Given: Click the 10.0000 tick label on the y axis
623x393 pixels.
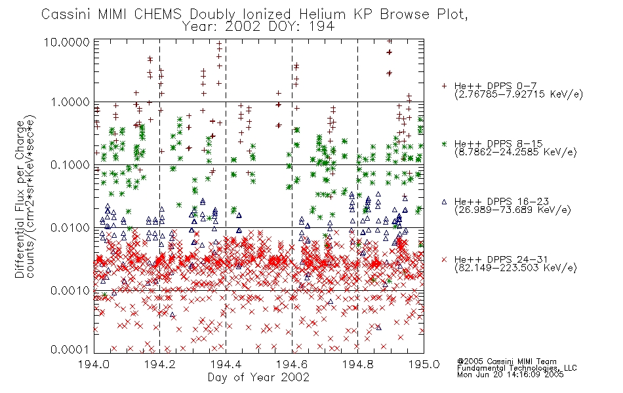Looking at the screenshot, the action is click(67, 43).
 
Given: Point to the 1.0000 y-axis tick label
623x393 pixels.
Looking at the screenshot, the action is click(70, 102).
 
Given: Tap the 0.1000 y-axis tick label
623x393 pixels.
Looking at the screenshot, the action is click(70, 165).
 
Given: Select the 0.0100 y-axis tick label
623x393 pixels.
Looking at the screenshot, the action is click(70, 227).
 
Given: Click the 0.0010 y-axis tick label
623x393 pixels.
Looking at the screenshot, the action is click(70, 290).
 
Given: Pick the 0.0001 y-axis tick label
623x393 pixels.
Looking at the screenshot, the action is click(70, 349).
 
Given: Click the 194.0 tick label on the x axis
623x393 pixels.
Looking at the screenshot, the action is click(94, 364).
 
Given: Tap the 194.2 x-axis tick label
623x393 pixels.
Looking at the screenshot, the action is click(160, 364).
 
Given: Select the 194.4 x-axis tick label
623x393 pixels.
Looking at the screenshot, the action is click(226, 364).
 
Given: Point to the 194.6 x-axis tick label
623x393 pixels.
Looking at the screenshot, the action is click(292, 364).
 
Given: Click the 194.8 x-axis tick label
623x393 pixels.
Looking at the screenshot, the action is click(357, 364).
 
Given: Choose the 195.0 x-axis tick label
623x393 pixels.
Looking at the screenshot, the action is click(424, 364).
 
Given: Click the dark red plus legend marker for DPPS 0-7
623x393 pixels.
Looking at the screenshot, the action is click(444, 86).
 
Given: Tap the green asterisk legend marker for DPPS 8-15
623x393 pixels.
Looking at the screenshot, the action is click(444, 143).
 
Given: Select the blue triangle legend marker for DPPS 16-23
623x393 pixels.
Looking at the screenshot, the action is click(444, 202).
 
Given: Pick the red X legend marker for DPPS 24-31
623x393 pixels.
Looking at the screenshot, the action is click(444, 259).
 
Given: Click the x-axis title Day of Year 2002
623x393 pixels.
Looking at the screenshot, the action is click(258, 377).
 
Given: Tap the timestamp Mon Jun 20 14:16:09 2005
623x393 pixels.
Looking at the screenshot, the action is click(510, 375).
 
